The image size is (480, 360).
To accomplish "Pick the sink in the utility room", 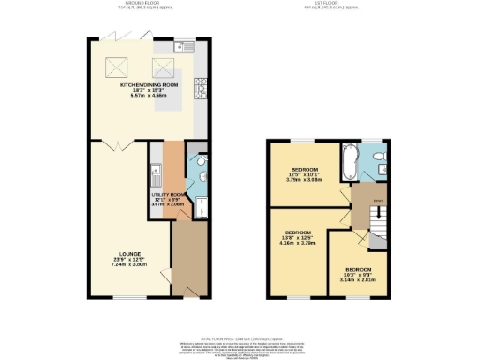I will [156, 172].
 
